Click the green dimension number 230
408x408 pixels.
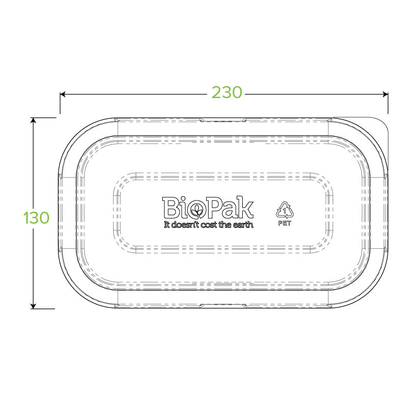227,93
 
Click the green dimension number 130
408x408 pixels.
37,218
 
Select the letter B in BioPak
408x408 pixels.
170,208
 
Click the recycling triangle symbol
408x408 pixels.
284,210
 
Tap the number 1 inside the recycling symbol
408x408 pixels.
284,210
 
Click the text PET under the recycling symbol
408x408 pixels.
284,223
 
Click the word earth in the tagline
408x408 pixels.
243,224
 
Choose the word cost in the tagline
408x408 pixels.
210,224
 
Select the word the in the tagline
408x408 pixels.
226,224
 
